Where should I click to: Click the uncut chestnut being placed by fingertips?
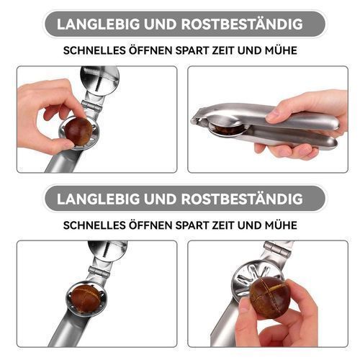[x=79, y=132]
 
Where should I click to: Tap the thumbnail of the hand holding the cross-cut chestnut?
[x=245, y=307]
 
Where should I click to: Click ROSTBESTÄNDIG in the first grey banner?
[x=242, y=24]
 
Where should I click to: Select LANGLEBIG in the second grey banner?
[x=98, y=199]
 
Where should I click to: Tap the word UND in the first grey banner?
[x=161, y=24]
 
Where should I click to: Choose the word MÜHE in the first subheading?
[x=281, y=50]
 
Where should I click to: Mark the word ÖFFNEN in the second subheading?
[x=151, y=225]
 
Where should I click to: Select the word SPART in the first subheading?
[x=192, y=50]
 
